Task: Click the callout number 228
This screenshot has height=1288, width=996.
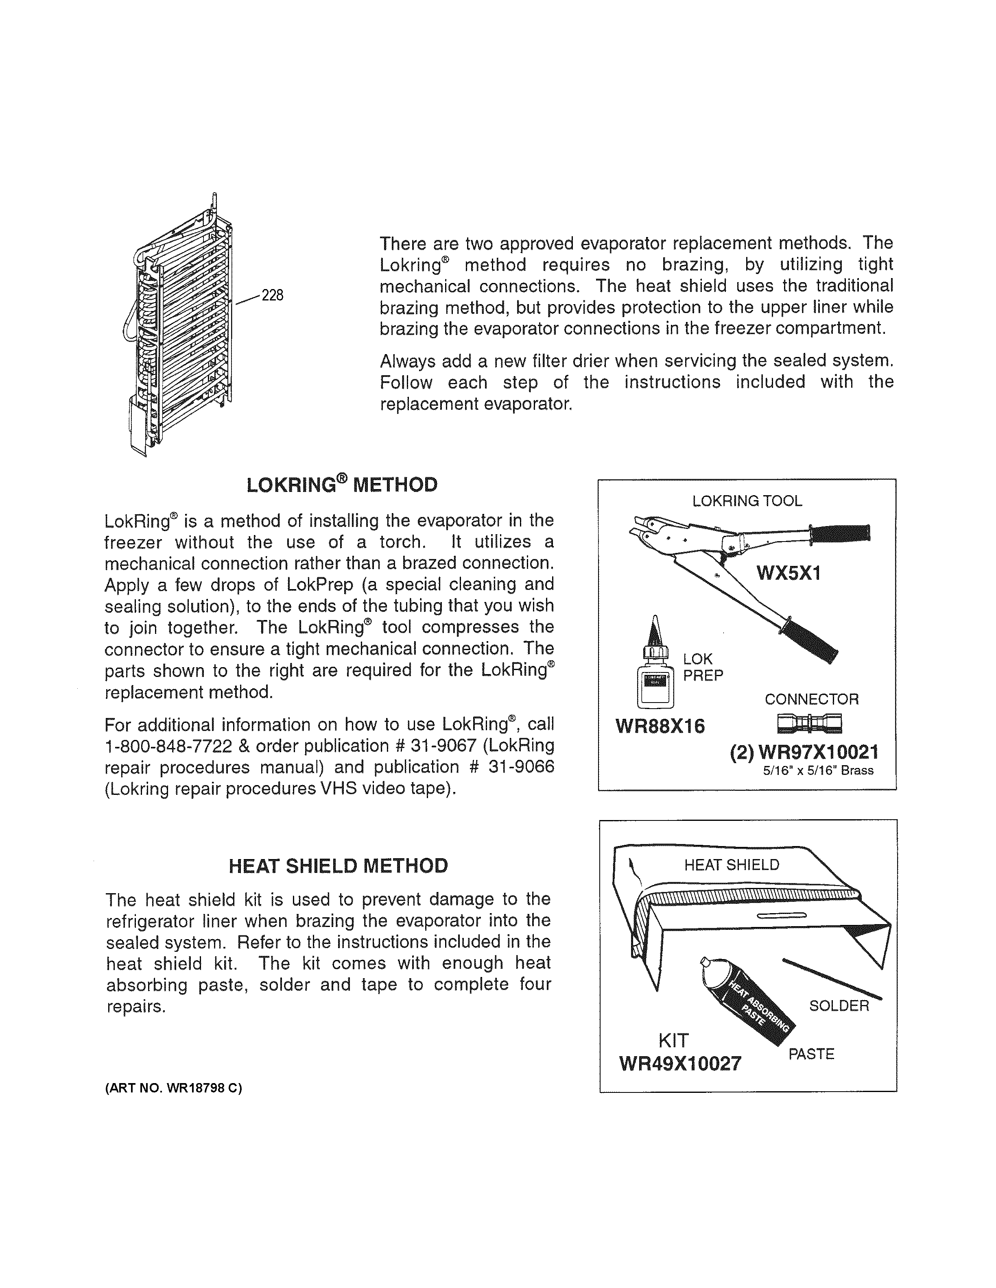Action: click(273, 295)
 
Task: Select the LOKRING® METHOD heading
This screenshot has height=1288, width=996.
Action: click(342, 485)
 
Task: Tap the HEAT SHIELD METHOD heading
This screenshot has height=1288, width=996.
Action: click(338, 866)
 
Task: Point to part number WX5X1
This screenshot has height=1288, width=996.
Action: click(789, 572)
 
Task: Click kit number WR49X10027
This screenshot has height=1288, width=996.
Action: click(680, 1063)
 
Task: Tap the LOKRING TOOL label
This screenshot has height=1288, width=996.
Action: click(747, 501)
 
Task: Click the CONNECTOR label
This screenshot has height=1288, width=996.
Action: click(811, 699)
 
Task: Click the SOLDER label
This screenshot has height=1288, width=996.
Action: click(839, 1005)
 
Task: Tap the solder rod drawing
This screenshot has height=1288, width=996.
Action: click(832, 979)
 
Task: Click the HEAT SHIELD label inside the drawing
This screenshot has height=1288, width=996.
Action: click(732, 865)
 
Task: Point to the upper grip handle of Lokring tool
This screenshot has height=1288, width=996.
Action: click(841, 533)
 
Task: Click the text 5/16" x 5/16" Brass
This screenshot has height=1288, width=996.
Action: click(818, 771)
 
